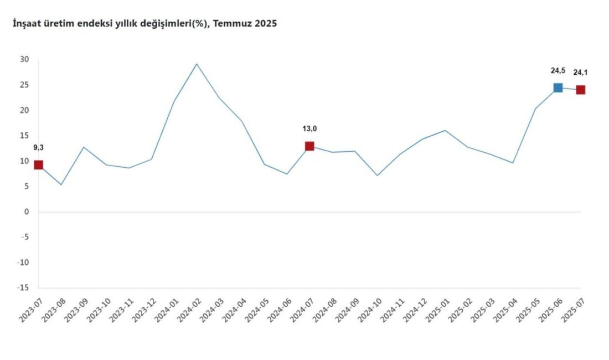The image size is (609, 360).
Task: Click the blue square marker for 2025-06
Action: [558, 88]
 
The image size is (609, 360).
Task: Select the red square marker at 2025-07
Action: [580, 90]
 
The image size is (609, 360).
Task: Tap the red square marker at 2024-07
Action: [309, 146]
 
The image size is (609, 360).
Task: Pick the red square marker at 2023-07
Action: [38, 164]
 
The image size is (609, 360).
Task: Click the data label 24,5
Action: [558, 70]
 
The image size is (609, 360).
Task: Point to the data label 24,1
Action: [581, 73]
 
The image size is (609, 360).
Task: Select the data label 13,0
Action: [309, 129]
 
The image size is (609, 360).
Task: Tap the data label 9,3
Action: [38, 147]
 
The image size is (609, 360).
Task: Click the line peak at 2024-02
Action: [197, 64]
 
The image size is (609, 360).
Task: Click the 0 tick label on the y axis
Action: [27, 212]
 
